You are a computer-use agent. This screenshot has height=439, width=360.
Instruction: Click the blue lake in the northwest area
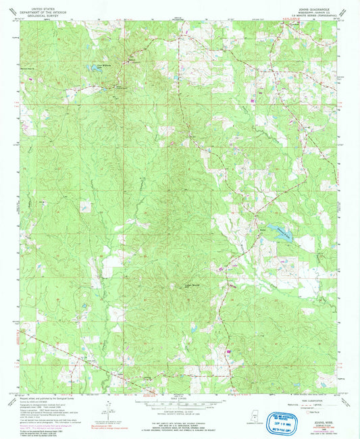click(90, 69)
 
